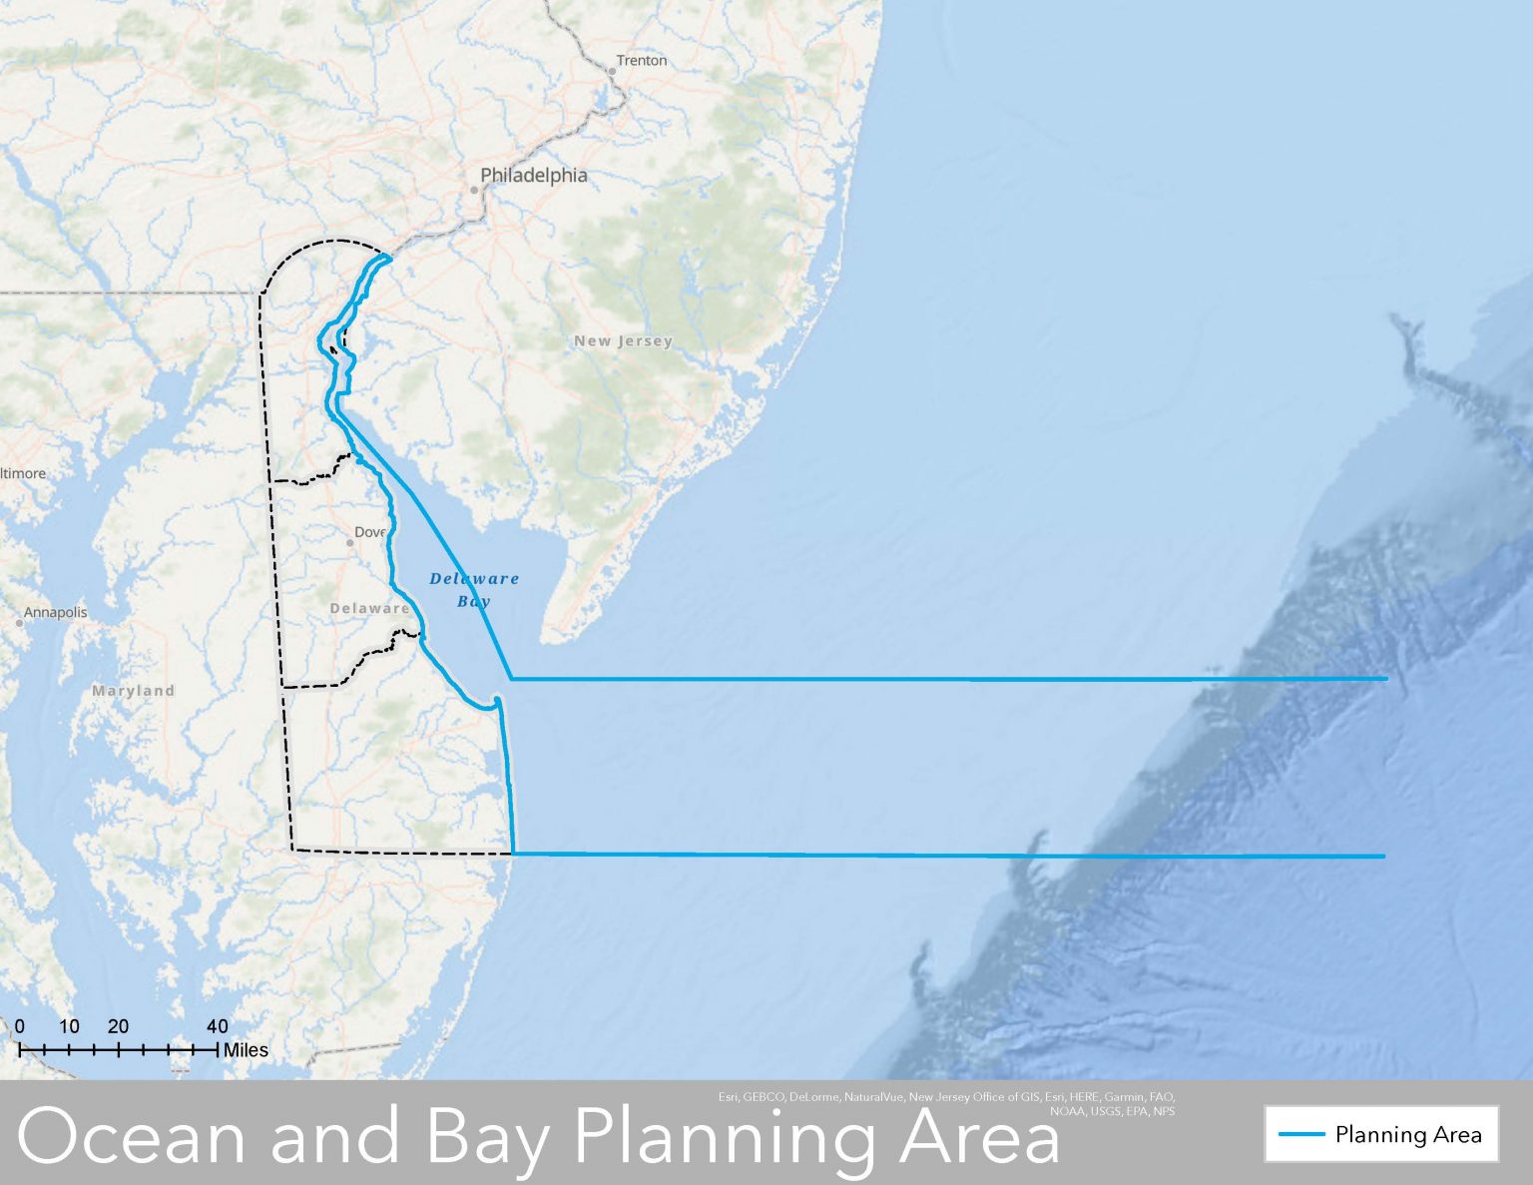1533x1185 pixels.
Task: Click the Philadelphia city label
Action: (x=534, y=175)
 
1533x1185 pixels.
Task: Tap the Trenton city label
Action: (x=641, y=60)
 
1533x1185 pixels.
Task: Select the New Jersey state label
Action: (x=623, y=341)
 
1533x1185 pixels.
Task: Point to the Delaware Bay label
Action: (x=474, y=589)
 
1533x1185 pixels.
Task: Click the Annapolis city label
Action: (x=56, y=612)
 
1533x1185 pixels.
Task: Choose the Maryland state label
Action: (x=133, y=691)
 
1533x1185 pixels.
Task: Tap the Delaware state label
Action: (x=369, y=608)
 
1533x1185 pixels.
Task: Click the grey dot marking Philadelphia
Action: (x=474, y=189)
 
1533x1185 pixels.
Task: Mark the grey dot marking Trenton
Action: (x=612, y=72)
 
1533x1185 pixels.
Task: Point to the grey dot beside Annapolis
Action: (x=19, y=623)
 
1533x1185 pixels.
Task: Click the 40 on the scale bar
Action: (x=217, y=1026)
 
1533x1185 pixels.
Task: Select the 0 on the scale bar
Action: (x=20, y=1026)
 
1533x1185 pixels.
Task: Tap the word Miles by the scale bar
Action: (x=246, y=1050)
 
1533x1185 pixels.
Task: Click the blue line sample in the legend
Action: (x=1301, y=1135)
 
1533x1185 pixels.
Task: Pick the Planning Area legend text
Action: (x=1408, y=1135)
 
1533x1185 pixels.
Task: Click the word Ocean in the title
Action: (x=130, y=1137)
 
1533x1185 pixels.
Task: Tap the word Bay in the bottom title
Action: (x=489, y=1137)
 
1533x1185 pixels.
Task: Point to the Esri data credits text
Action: (x=946, y=1103)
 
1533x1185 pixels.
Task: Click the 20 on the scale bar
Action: (x=118, y=1026)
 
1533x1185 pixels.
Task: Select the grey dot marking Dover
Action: (x=349, y=543)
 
